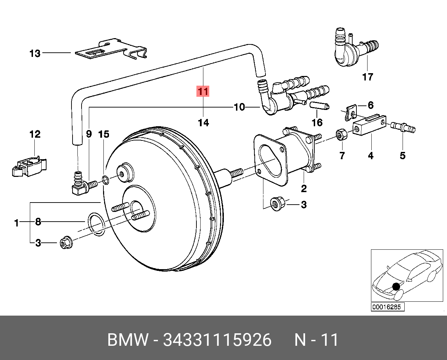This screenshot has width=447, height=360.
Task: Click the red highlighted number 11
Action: point(203,91)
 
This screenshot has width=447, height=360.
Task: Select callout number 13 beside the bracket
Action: point(35,53)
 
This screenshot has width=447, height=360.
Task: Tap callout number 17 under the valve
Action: point(368,77)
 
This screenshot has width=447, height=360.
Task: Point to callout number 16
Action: point(317,122)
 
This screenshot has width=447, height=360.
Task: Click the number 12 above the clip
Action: point(35,134)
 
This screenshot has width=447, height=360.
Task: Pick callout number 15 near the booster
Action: point(104,134)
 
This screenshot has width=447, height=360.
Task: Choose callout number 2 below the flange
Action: point(304,189)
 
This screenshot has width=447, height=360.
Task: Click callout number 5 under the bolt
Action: point(403,155)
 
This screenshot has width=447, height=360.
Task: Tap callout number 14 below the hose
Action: point(203,122)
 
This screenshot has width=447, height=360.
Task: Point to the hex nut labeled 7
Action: point(341,135)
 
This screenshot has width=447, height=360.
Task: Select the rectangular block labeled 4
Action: point(369,124)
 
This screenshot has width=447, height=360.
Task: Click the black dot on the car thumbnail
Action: point(396,286)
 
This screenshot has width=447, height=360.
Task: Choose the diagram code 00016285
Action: point(387,307)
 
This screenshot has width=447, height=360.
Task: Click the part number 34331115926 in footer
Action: point(217,340)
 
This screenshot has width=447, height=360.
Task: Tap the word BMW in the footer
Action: point(128,340)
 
